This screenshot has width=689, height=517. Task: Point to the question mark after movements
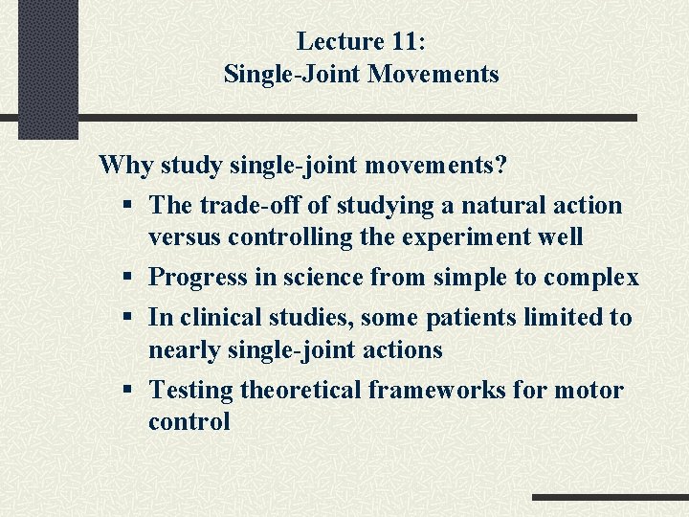pyautogui.click(x=500, y=165)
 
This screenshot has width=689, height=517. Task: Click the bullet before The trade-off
pyautogui.click(x=128, y=206)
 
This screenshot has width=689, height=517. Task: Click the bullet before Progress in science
pyautogui.click(x=128, y=279)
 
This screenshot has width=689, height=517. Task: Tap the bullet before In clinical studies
pyautogui.click(x=128, y=318)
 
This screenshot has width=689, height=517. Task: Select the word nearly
pyautogui.click(x=185, y=349)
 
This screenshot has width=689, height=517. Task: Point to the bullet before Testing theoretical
pyautogui.click(x=128, y=391)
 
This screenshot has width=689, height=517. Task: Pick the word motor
pyautogui.click(x=590, y=390)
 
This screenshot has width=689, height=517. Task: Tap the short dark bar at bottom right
pyautogui.click(x=610, y=498)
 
